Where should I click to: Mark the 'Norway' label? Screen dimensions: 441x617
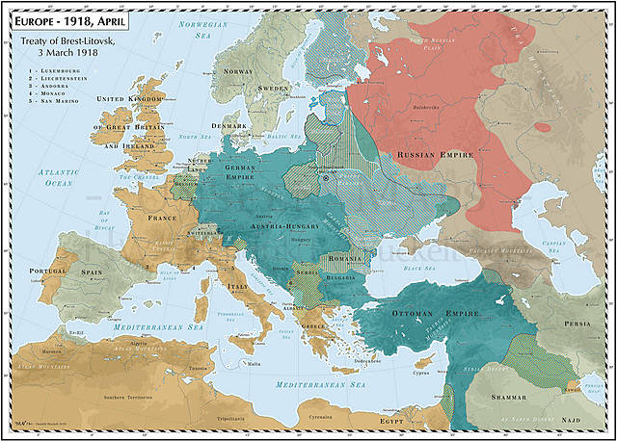point(237,71)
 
